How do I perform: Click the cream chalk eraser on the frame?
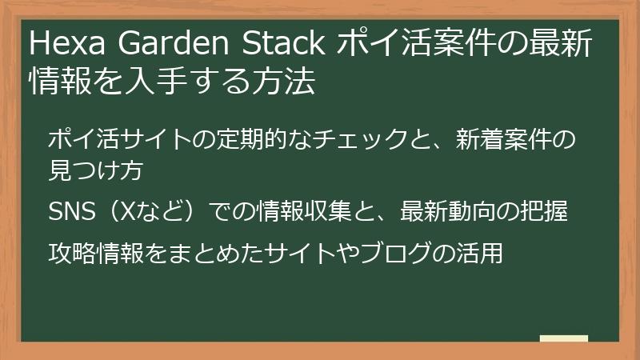(563, 338)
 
